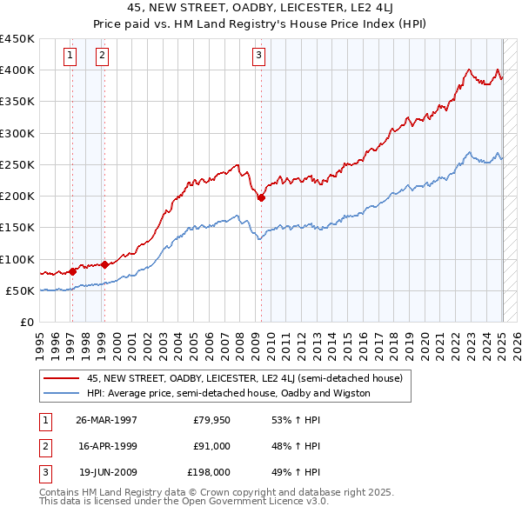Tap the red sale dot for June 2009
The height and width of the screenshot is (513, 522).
click(261, 197)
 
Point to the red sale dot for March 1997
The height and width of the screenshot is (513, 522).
click(72, 271)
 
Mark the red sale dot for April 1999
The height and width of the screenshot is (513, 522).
click(104, 264)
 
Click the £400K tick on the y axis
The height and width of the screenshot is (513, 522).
click(17, 70)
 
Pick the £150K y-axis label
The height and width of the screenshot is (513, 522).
click(17, 228)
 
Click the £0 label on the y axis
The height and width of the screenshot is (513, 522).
click(26, 323)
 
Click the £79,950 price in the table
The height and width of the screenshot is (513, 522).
click(211, 420)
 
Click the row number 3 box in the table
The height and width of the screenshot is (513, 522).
click(43, 472)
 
